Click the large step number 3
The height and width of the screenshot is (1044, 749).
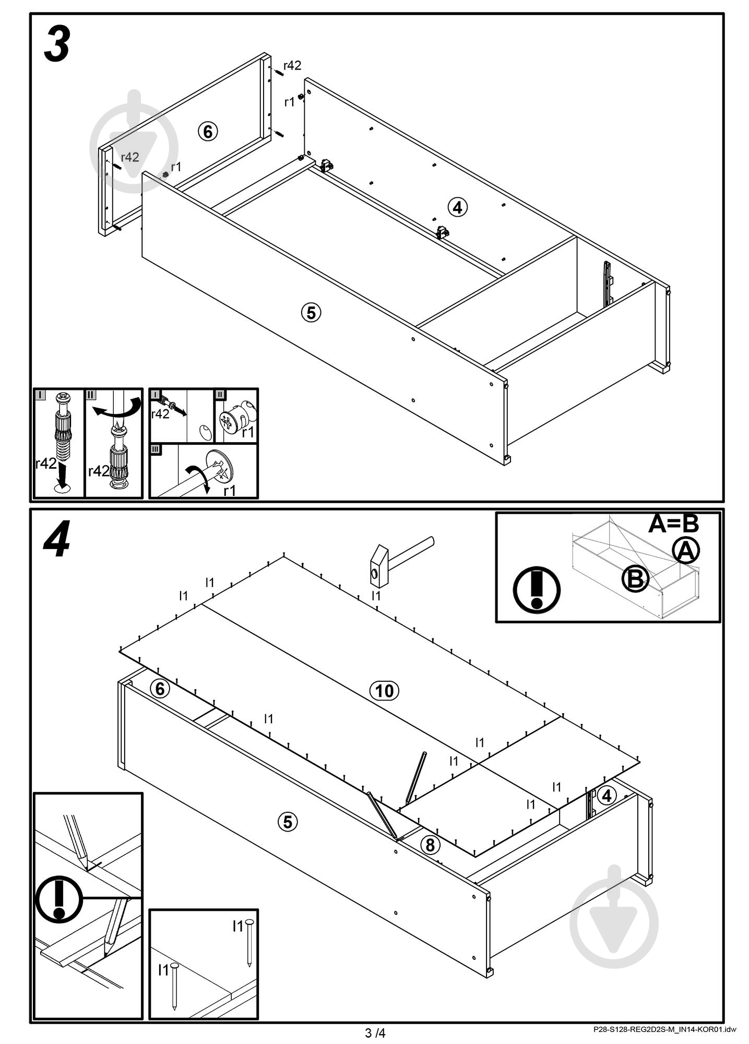[x=57, y=45]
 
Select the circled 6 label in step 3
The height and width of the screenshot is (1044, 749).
[x=208, y=132]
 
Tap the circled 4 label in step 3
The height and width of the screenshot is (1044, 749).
[x=457, y=207]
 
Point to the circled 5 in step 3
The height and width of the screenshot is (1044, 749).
[x=311, y=313]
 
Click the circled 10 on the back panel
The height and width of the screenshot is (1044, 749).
[x=384, y=691]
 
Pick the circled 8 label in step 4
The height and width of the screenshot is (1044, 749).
[x=430, y=845]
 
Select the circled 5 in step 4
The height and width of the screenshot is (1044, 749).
[x=287, y=822]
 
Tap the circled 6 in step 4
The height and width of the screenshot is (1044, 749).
[x=160, y=689]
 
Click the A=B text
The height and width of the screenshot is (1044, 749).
[x=673, y=524]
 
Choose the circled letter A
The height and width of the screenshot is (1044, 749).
[x=686, y=550]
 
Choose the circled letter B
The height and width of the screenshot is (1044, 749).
[x=635, y=578]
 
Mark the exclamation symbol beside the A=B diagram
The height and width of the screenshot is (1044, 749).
[x=536, y=590]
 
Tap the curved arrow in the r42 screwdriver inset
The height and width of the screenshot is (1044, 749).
[x=117, y=408]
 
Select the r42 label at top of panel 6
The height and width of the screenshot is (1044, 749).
[x=292, y=65]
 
